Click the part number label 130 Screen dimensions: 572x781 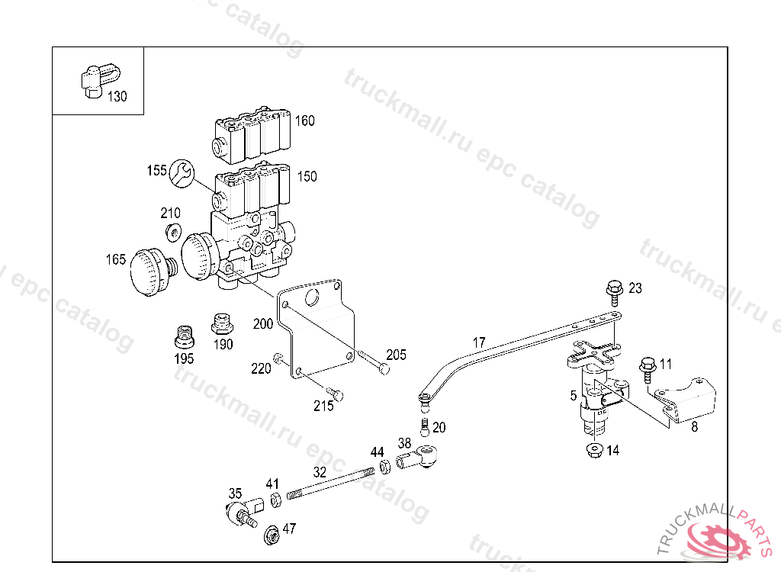click(x=117, y=97)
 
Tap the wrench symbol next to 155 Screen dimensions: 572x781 click(x=181, y=172)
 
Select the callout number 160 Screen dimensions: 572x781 click(x=305, y=121)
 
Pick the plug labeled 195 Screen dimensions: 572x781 click(x=184, y=336)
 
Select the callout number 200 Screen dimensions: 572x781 click(x=262, y=324)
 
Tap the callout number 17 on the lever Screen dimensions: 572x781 click(x=479, y=342)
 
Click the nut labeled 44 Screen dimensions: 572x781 click(x=385, y=465)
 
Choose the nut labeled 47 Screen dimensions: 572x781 click(x=271, y=535)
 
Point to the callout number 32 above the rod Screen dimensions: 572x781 click(x=320, y=472)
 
